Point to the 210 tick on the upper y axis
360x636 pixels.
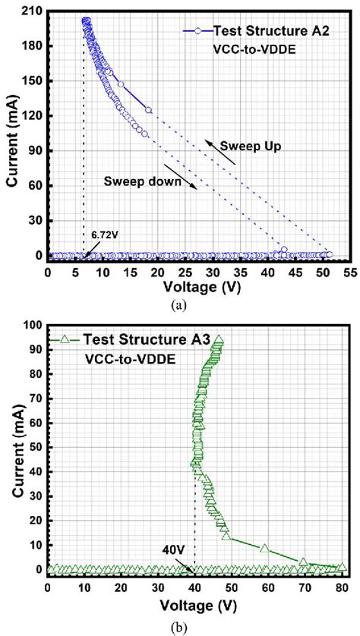tap(30, 11)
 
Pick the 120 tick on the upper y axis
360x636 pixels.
tap(30, 116)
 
